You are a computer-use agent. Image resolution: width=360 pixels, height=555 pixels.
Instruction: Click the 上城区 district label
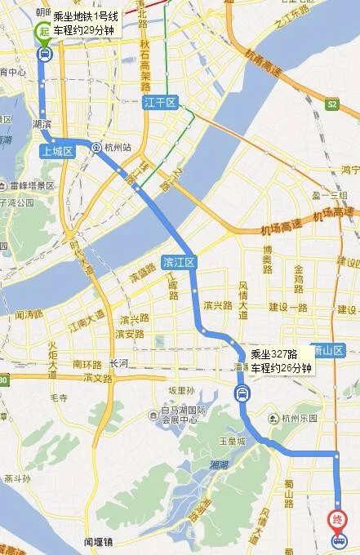point(58,151)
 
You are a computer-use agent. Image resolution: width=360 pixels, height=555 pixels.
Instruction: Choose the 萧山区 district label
point(330,350)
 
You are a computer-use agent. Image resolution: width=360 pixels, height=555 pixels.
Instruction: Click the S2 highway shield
point(331,104)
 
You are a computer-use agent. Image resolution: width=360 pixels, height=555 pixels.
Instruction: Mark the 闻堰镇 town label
point(101,539)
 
